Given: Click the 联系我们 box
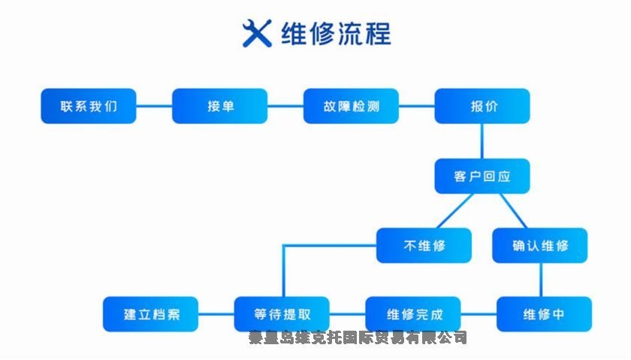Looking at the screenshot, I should [89, 106].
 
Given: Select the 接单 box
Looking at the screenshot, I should [220, 106].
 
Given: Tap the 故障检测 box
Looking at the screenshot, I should [351, 106].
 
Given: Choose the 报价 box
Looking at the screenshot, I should [482, 106].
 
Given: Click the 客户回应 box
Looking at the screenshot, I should [482, 177].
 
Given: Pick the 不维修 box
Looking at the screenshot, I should [424, 245].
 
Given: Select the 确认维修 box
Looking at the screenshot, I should [540, 245].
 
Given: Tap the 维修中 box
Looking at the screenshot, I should [544, 314].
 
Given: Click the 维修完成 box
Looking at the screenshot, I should [412, 314].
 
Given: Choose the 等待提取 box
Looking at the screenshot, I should [282, 314].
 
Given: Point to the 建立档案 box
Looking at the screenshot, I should [151, 314].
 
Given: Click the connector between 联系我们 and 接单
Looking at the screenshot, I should [154, 106].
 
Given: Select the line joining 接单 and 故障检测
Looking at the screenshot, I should [285, 106].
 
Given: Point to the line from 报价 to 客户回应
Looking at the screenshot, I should [482, 141].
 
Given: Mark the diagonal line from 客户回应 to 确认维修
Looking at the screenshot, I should [513, 210].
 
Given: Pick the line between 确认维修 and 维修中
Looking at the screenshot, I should [541, 280].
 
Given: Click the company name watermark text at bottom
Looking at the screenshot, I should [358, 337].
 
